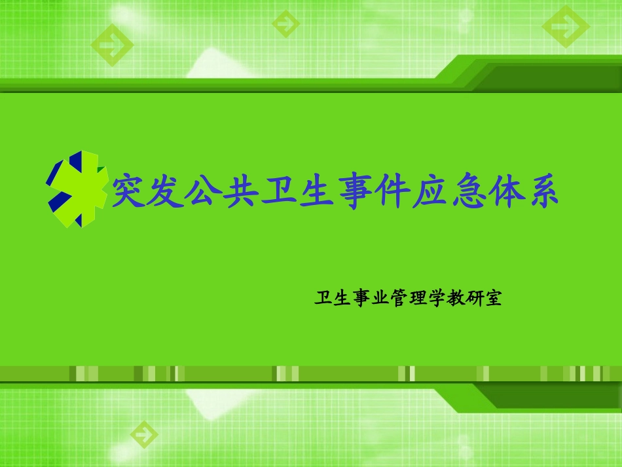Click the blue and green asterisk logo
coord(77,189)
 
